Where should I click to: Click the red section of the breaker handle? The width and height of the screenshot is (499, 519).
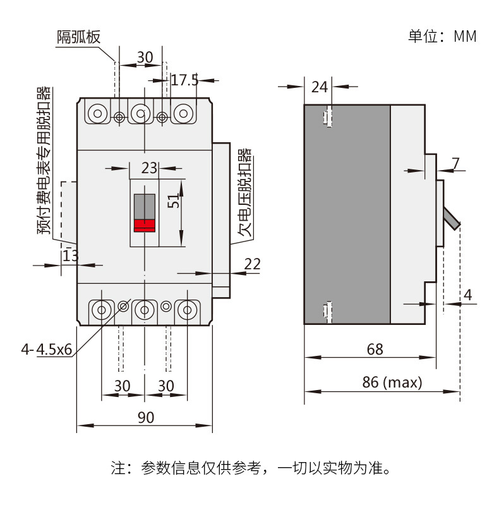point(145,225)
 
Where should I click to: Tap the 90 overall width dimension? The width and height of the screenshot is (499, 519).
point(145,417)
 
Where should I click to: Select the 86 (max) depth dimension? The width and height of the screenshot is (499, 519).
point(392,382)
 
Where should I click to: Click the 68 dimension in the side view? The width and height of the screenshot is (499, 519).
point(374,349)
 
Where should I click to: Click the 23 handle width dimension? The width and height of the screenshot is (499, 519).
point(148,168)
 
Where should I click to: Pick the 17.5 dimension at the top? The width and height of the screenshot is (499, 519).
point(184,80)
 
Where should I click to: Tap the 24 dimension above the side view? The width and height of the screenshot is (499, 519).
point(320,87)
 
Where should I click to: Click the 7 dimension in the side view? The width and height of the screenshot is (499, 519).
point(456,163)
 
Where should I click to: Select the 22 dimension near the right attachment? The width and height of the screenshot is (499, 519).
point(252,264)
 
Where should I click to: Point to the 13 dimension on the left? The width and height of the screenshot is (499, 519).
point(70,256)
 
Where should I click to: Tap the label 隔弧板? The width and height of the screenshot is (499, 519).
point(79,37)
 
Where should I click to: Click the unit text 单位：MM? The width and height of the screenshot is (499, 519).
point(442,36)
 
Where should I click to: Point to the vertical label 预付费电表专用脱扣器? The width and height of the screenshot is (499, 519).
point(44,161)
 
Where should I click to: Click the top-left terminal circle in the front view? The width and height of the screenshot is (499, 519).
point(97,114)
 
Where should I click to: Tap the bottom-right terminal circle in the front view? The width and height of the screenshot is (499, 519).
point(187,310)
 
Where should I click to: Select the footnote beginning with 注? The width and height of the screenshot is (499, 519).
point(249,468)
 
